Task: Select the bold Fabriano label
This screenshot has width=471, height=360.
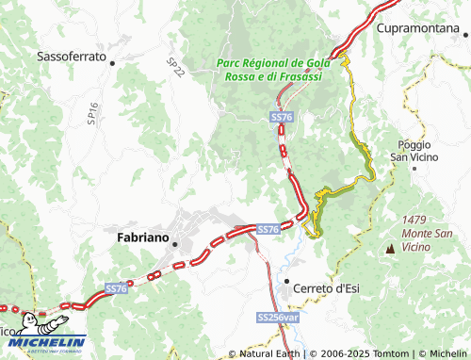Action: [x=141, y=238]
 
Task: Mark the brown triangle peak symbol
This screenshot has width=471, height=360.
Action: [x=390, y=250]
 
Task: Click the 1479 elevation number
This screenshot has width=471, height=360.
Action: [x=414, y=219]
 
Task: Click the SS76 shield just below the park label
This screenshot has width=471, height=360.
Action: [x=281, y=117]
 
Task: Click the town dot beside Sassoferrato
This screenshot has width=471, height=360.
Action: [x=112, y=63]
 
